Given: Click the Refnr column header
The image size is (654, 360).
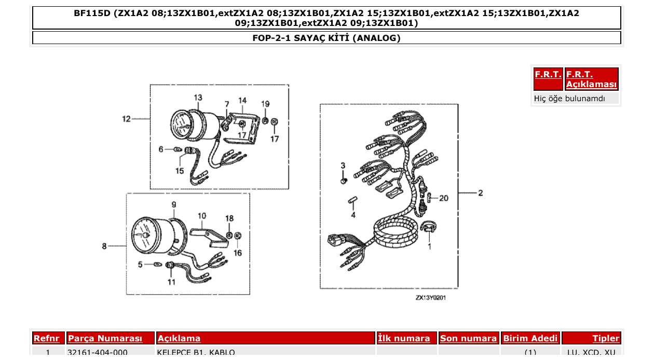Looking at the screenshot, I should [46, 339].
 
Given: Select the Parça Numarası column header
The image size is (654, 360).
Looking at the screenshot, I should [105, 339].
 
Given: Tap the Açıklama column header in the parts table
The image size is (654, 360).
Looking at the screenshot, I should [179, 339].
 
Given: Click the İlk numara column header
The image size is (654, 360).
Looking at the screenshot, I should [404, 339].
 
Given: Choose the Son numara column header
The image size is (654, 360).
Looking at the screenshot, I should [468, 339].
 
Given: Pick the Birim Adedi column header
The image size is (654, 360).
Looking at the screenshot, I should [530, 339].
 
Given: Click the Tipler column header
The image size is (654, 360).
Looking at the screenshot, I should [606, 339].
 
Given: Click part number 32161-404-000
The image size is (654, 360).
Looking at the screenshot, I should [98, 353].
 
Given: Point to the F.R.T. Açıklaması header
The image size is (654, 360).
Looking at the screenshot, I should [591, 79].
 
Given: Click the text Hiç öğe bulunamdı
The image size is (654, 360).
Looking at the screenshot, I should [569, 99].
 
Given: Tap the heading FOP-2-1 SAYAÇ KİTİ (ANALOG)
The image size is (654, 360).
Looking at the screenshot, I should [326, 38].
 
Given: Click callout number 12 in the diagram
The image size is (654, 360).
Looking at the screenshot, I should [126, 119].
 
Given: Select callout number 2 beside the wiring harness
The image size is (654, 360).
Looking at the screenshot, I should [480, 193].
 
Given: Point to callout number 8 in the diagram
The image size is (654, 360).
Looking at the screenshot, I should [104, 246].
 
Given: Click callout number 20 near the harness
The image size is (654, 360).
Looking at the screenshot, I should [443, 198].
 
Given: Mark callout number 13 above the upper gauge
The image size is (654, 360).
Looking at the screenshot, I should [198, 98].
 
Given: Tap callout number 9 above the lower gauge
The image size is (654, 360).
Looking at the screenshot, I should [174, 204].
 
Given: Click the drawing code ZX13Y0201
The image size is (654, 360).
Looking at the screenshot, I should [430, 298].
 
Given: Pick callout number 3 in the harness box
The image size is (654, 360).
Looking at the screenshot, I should [343, 165].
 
